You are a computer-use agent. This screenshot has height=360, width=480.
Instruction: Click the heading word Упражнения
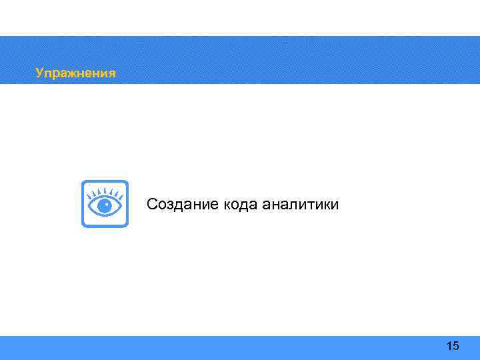click(75, 73)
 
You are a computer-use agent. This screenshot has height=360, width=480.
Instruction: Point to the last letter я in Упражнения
click(111, 73)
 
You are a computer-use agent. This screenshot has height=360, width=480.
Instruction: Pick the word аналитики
click(300, 204)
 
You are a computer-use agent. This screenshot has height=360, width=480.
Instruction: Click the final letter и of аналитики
click(335, 205)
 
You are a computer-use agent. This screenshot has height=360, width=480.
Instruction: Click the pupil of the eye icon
click(105, 206)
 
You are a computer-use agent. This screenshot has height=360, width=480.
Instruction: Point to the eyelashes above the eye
click(105, 192)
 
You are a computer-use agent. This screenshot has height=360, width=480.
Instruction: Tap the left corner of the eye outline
click(89, 206)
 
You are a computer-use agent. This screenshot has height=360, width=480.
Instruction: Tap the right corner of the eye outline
click(121, 206)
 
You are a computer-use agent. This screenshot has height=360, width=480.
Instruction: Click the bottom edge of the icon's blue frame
click(105, 225)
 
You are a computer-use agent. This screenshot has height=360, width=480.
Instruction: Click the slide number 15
click(453, 345)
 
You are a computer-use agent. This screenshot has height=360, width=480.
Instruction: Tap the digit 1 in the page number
click(449, 345)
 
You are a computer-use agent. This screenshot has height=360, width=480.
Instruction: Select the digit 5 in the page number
click(456, 345)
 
